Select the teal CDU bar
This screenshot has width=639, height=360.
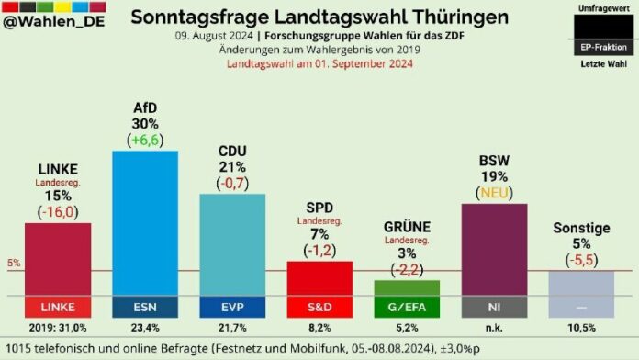(x=231, y=244)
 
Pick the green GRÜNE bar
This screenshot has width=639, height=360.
(x=407, y=287)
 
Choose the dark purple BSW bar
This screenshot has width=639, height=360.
(x=494, y=249)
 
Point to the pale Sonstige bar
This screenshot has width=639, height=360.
(x=581, y=283)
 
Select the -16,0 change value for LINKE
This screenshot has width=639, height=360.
(x=57, y=211)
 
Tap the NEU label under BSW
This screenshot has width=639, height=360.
(x=494, y=192)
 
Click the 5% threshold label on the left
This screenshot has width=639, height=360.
(x=14, y=264)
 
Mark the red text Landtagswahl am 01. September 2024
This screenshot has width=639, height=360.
(x=319, y=64)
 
